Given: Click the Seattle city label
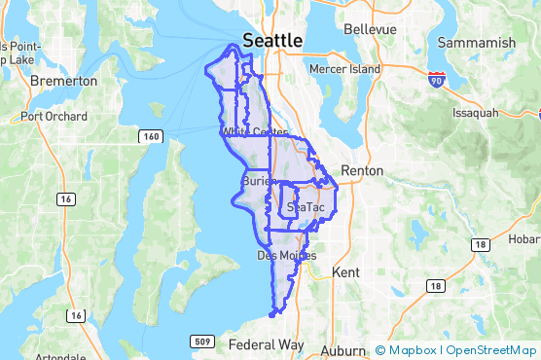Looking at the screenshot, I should point(272,41).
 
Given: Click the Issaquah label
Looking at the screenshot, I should point(475,113).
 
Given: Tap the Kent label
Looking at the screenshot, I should point(346,273).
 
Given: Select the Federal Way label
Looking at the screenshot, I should point(265,345).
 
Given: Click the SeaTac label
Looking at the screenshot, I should point(306,208).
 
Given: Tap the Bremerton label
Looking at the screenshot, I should point(64,82).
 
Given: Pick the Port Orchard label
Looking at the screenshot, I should point(54,117).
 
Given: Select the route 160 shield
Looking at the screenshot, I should point(150,136).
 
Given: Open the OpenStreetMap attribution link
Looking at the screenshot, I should point(489,350).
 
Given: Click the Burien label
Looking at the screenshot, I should point(255,182).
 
